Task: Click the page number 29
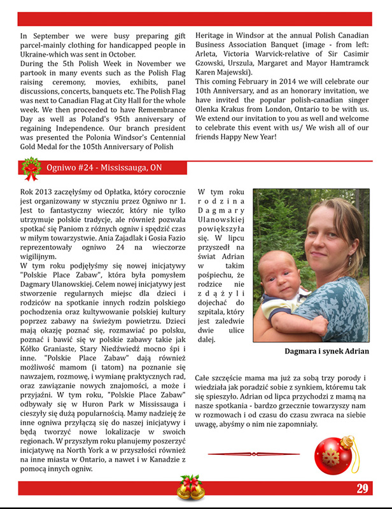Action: tap(363, 489)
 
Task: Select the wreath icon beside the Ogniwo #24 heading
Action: tap(30, 168)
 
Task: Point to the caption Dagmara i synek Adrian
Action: tap(326, 351)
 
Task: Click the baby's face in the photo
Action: tap(282, 271)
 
